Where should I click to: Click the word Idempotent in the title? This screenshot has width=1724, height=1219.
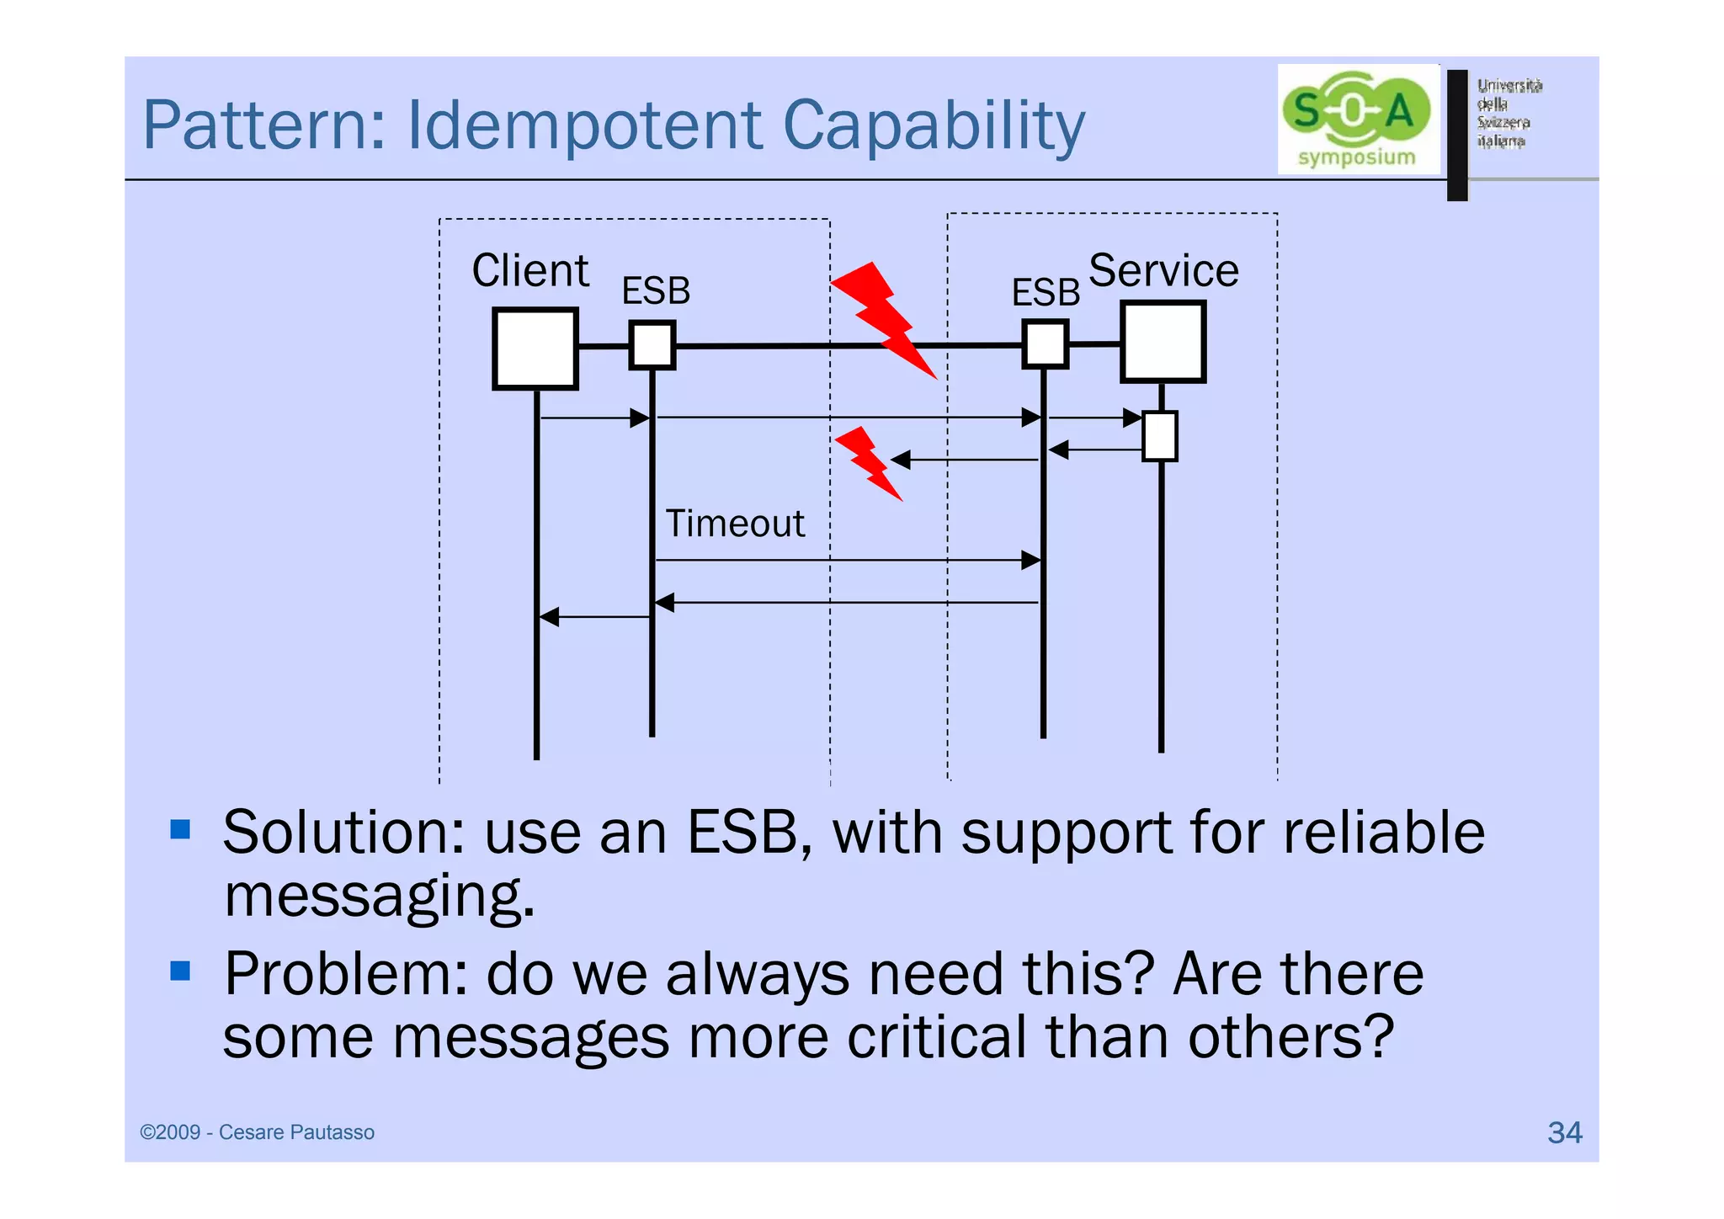tap(586, 126)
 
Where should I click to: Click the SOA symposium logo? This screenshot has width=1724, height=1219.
tap(1357, 120)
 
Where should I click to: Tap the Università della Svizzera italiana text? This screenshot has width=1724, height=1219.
tap(1508, 113)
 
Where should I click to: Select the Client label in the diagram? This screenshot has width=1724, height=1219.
tap(529, 271)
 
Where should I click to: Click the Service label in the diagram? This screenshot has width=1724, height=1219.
tap(1163, 271)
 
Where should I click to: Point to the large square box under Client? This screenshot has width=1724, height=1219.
tap(535, 349)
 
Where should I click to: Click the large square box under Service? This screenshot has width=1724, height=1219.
tap(1163, 342)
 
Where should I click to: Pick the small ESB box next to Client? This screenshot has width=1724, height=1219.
tap(652, 345)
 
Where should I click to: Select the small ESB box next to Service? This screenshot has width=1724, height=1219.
tap(1045, 344)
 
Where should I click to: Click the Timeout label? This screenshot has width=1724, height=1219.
tap(734, 524)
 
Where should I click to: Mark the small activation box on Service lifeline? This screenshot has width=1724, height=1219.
tap(1159, 436)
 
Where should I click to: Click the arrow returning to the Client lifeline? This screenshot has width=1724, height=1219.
tap(593, 617)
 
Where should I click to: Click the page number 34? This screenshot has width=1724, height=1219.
tap(1564, 1132)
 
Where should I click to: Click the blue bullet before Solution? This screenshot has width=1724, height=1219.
tap(180, 830)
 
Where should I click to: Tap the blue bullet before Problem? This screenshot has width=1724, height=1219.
tap(180, 971)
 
